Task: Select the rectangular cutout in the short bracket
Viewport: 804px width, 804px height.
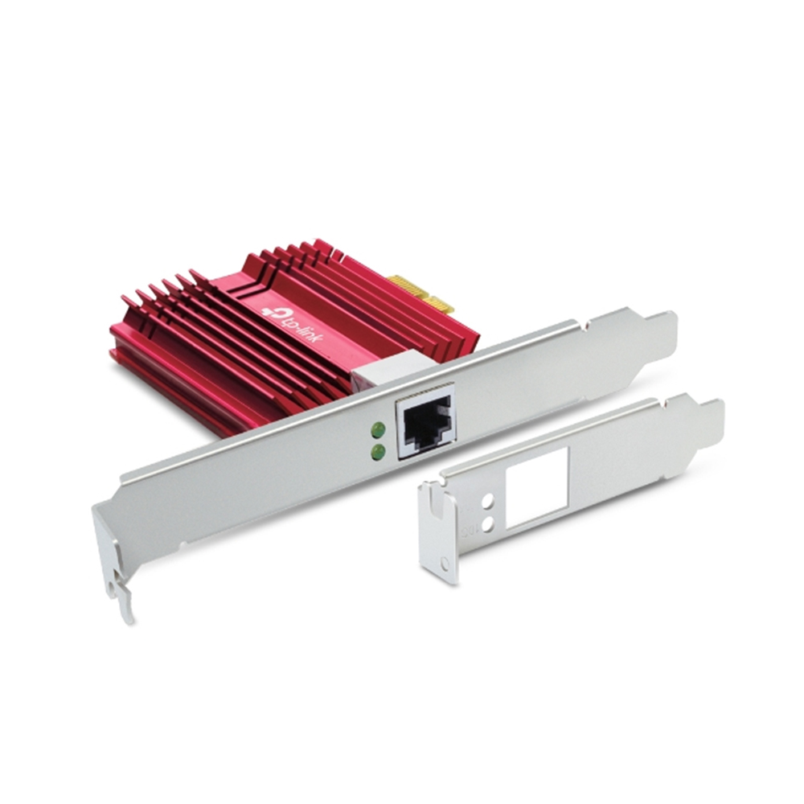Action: [x=537, y=486]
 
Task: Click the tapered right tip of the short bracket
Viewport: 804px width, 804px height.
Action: [x=712, y=418]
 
